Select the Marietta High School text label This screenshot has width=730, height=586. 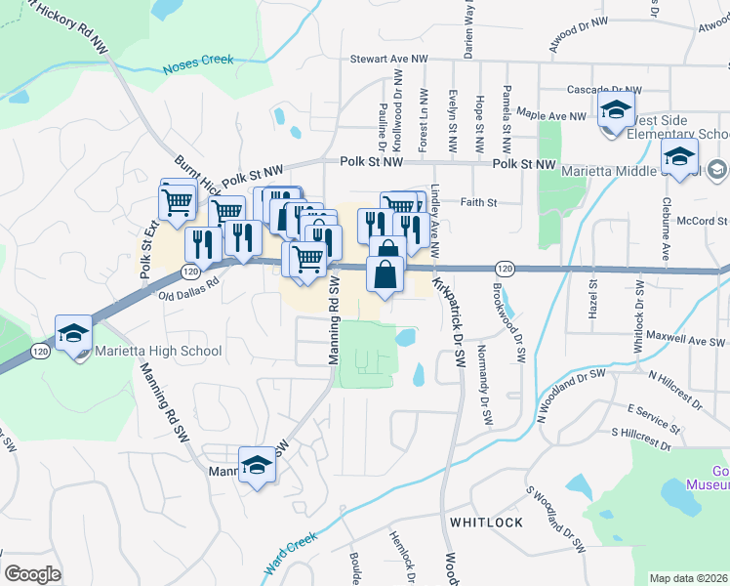(x=158, y=351)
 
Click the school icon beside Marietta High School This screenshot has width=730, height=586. (x=73, y=334)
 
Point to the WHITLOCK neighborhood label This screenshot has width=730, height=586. (x=486, y=523)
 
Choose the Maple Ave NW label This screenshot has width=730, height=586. (x=550, y=114)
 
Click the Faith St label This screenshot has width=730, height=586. (x=479, y=203)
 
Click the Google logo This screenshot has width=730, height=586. (x=32, y=574)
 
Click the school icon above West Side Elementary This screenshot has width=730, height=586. (x=616, y=110)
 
